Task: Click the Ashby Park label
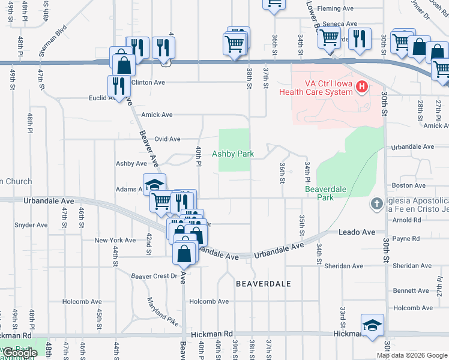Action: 233,154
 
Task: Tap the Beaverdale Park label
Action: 327,193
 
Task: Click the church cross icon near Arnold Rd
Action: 376,203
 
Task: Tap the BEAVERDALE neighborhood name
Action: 264,283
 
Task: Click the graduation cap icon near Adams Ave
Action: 154,184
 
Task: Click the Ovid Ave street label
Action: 167,139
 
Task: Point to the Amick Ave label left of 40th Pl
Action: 157,115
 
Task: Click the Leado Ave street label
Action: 357,232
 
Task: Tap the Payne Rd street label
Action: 406,239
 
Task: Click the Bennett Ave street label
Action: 411,290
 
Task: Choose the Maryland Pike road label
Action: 163,311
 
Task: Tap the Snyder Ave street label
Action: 31,225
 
